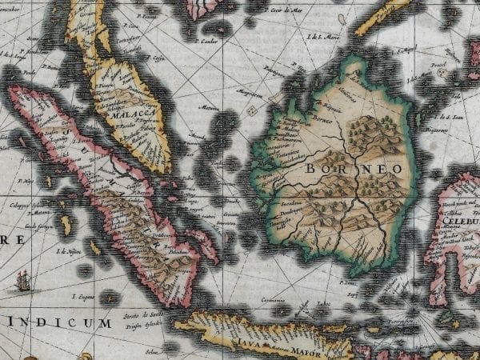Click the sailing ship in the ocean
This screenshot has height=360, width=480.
click(x=23, y=279)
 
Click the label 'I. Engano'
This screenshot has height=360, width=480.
click(x=81, y=297)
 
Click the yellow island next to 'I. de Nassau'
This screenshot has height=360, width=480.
click(x=95, y=249)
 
